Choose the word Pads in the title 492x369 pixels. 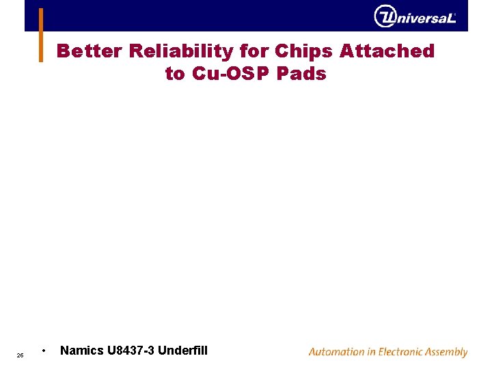coord(301,74)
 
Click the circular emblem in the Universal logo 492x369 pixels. coord(385,16)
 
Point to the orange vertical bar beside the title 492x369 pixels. coord(41,34)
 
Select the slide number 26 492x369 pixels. coord(20,355)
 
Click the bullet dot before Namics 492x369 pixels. coord(44,351)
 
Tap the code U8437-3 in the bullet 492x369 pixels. coord(131,351)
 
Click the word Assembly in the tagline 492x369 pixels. coord(447,353)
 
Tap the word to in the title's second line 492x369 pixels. coord(175,74)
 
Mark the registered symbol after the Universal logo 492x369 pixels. coord(455,14)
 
